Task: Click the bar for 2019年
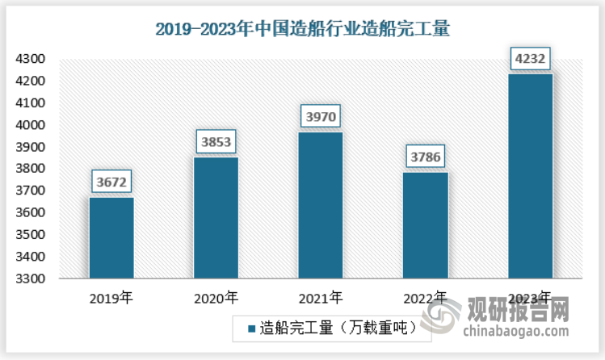tap(111, 238)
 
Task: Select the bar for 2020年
tap(216, 218)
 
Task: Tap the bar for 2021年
tap(321, 205)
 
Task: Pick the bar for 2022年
tap(425, 225)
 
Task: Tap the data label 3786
tap(425, 156)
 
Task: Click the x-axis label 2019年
tap(111, 299)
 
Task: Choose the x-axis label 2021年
tap(321, 299)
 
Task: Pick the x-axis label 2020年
tap(216, 299)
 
